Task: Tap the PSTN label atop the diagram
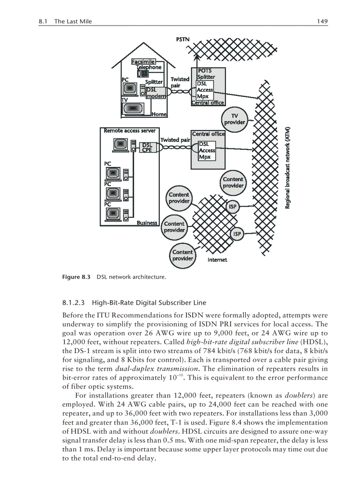click(183, 39)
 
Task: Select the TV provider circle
click(234, 119)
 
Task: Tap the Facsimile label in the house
click(142, 62)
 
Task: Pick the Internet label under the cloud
click(217, 260)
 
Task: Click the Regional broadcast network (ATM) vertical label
click(287, 167)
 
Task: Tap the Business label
click(147, 223)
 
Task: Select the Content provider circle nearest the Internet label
click(182, 255)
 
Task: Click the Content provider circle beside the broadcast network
click(233, 182)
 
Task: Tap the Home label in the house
click(159, 114)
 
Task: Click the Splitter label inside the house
click(154, 82)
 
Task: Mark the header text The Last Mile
click(73, 21)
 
